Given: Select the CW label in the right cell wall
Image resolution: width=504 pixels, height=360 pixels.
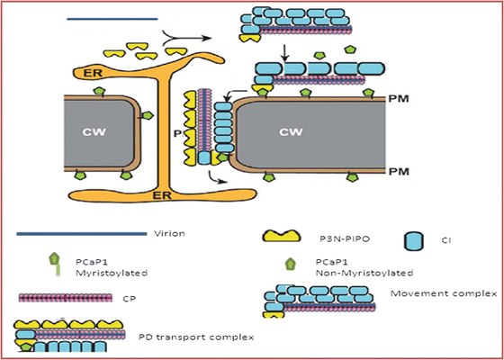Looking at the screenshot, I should [290, 134].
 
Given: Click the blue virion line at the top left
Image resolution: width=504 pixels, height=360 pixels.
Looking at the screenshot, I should [112, 17].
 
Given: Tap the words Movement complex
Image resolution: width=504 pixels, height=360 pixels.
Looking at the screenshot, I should [421, 294].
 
